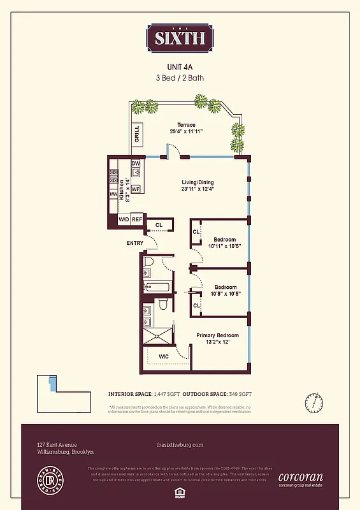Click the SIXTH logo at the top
click(180, 38)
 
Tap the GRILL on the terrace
click(136, 135)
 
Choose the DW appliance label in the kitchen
click(136, 164)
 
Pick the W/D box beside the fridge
click(124, 220)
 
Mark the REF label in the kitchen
click(137, 220)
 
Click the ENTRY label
click(134, 243)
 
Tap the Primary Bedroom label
click(217, 336)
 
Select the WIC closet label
click(164, 357)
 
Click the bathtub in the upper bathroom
click(156, 287)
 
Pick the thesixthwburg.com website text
click(180, 444)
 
